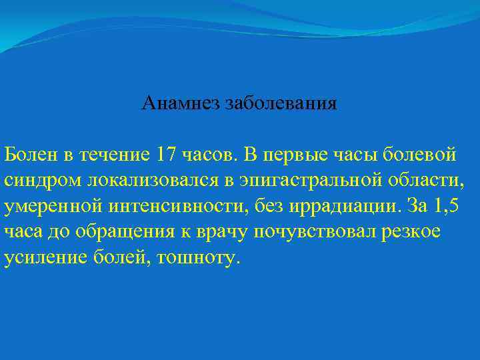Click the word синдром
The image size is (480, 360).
coord(37,181)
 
